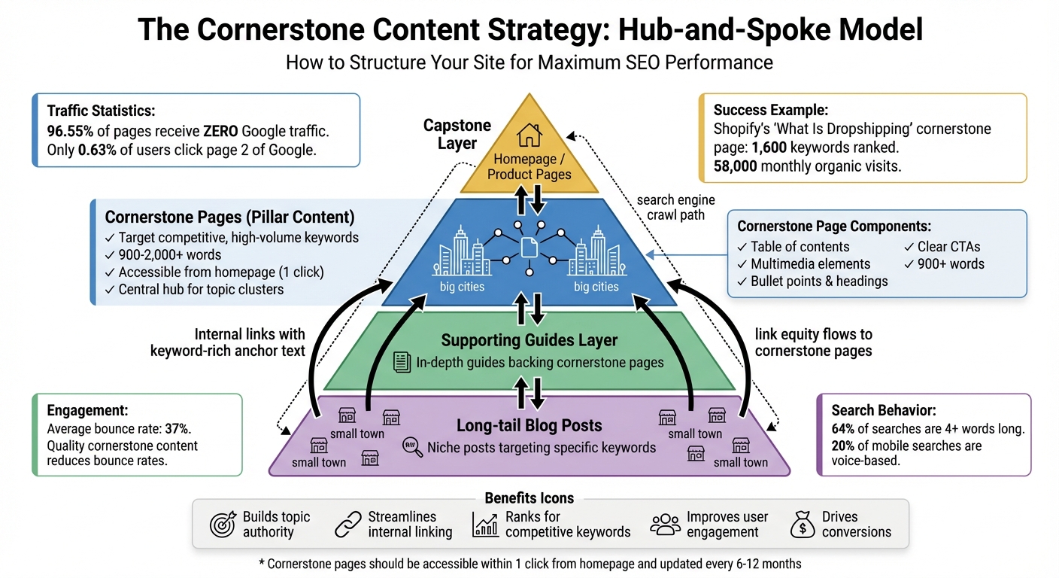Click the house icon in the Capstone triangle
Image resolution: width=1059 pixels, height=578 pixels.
tap(529, 135)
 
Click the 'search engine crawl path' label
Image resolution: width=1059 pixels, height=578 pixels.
tap(675, 208)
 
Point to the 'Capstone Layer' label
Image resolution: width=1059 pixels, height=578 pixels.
tap(457, 134)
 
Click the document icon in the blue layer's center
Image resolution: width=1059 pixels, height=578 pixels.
tap(529, 246)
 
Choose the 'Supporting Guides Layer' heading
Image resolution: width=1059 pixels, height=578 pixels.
tap(529, 340)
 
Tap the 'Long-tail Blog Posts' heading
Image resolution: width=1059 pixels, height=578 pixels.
tap(529, 425)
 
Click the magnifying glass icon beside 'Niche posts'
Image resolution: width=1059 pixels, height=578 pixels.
tap(412, 446)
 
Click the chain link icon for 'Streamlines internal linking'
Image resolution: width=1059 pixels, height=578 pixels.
tap(347, 525)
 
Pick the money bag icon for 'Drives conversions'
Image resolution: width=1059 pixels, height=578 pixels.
tap(803, 525)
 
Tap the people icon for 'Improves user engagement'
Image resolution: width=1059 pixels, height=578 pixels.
tap(665, 525)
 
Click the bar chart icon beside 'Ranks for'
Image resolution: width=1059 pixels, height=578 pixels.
tap(485, 525)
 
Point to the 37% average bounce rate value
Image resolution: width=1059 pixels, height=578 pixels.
tap(178, 429)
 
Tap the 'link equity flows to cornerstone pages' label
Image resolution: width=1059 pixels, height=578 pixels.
tap(814, 342)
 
